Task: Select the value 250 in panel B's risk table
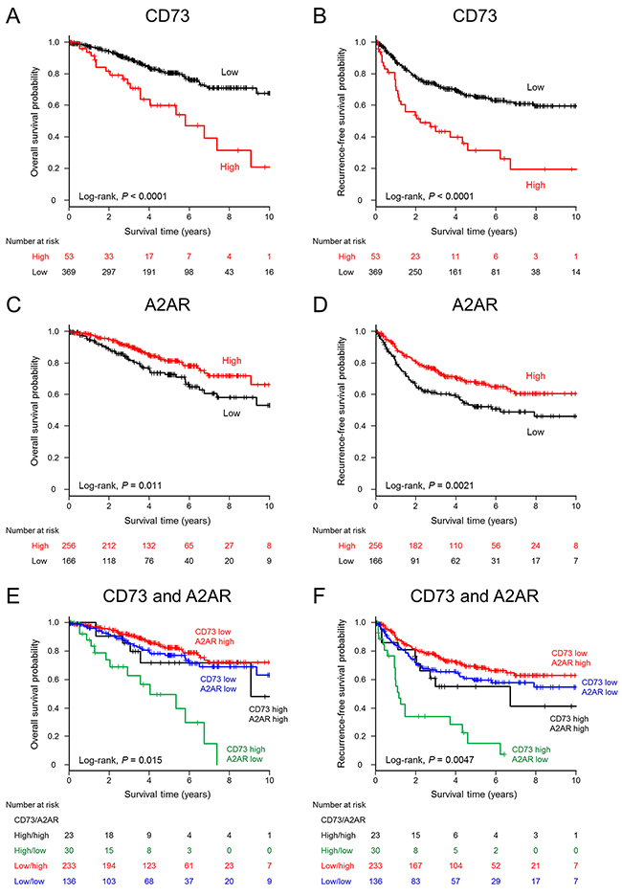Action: click(x=416, y=274)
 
